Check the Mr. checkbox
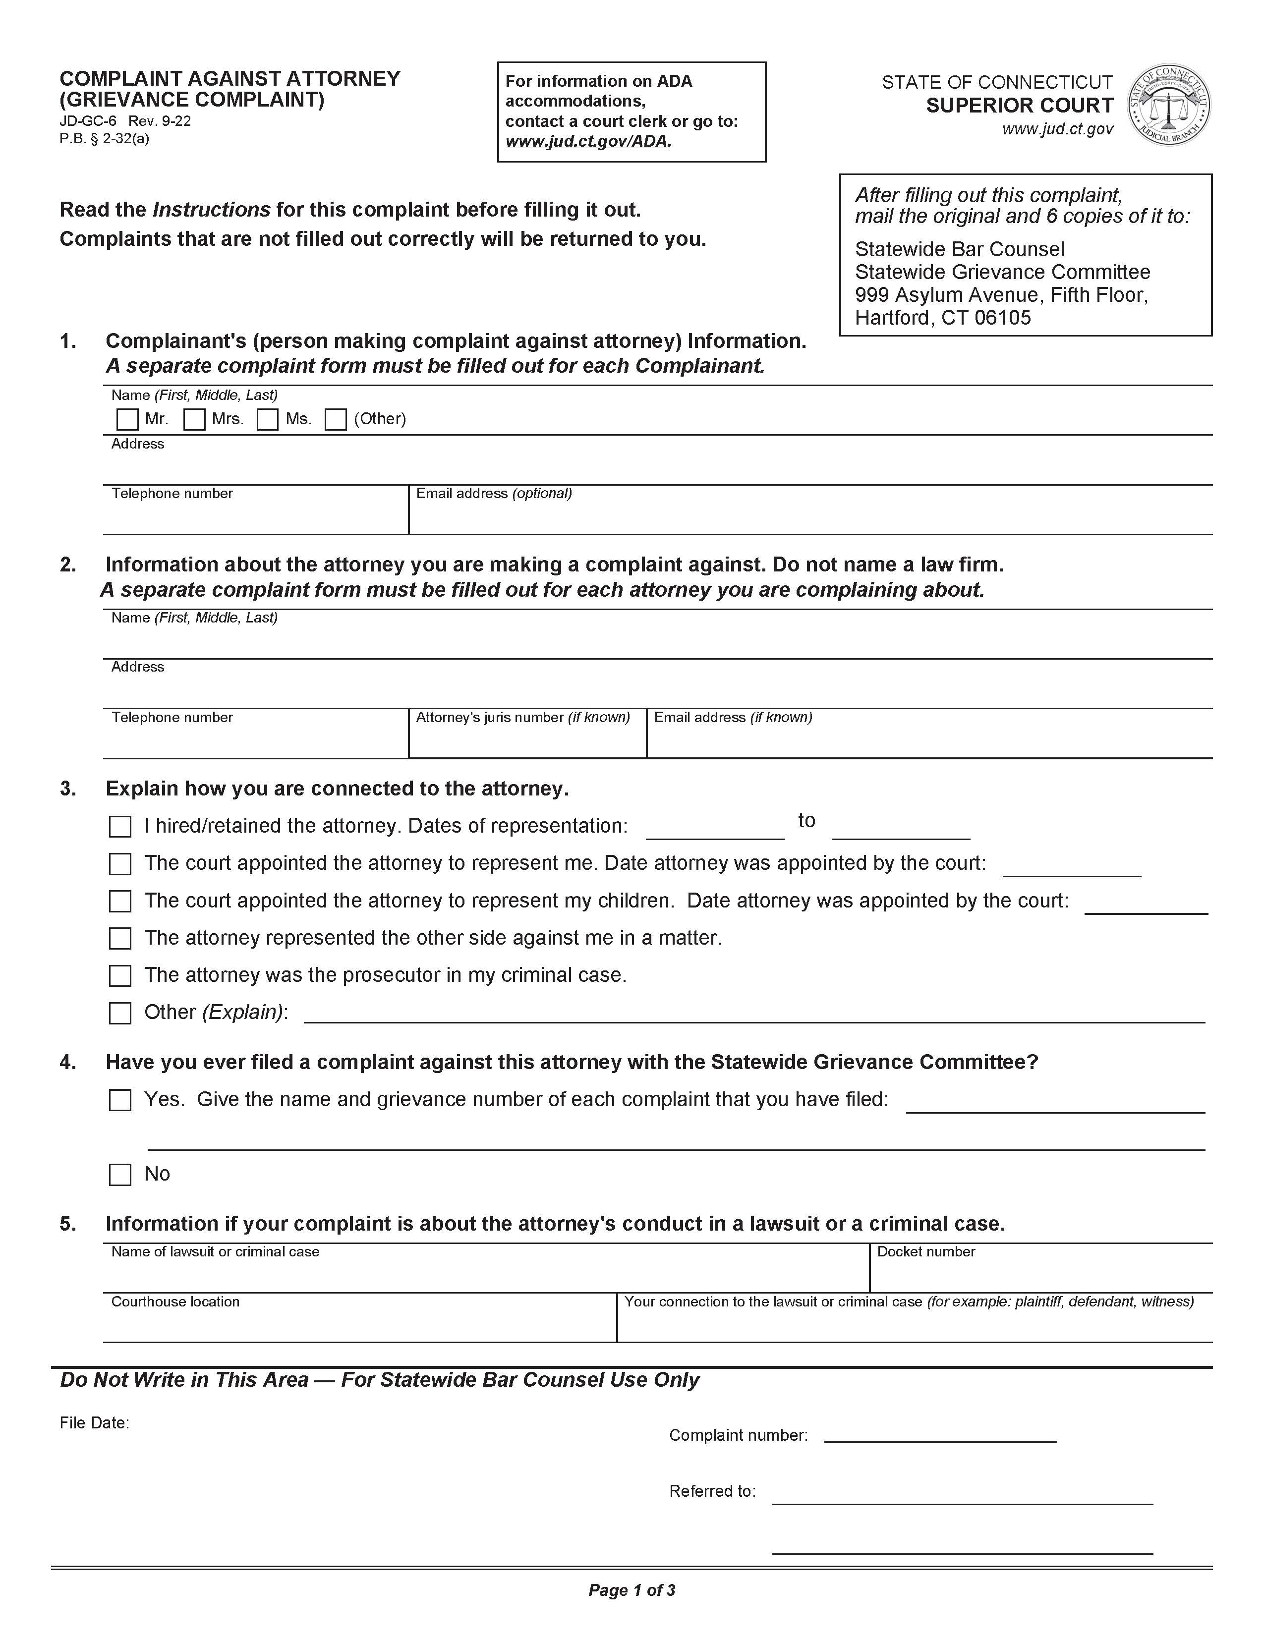tap(128, 419)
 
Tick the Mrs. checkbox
tap(195, 419)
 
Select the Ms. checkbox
tap(268, 419)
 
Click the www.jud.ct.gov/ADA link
tap(586, 141)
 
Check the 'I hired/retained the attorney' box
tap(120, 827)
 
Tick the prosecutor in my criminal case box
tap(120, 976)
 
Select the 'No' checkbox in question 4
tap(120, 1175)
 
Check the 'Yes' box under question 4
tap(120, 1100)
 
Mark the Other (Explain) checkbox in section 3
tap(120, 1014)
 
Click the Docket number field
tap(1040, 1275)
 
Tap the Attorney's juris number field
tap(527, 740)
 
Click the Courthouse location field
tap(359, 1325)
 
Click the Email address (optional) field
tap(810, 517)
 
